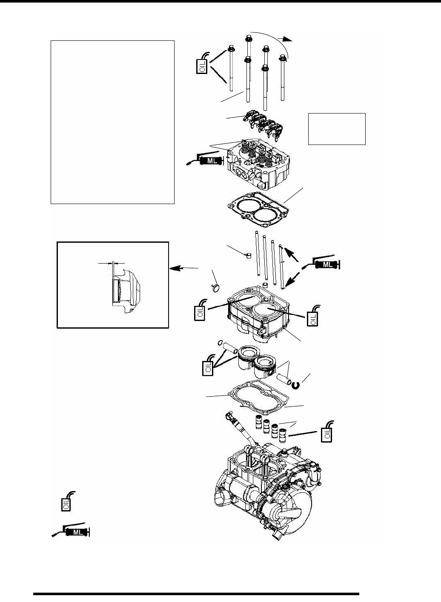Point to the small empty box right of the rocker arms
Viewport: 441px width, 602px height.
point(337,129)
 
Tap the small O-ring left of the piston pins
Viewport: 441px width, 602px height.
point(220,343)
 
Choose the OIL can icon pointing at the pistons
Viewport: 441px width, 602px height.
point(208,367)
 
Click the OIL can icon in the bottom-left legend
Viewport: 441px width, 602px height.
point(65,503)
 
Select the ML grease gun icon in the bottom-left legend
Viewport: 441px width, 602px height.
point(72,532)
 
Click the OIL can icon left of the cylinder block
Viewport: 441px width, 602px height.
point(200,311)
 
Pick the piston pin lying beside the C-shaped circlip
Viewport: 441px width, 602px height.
point(285,379)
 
